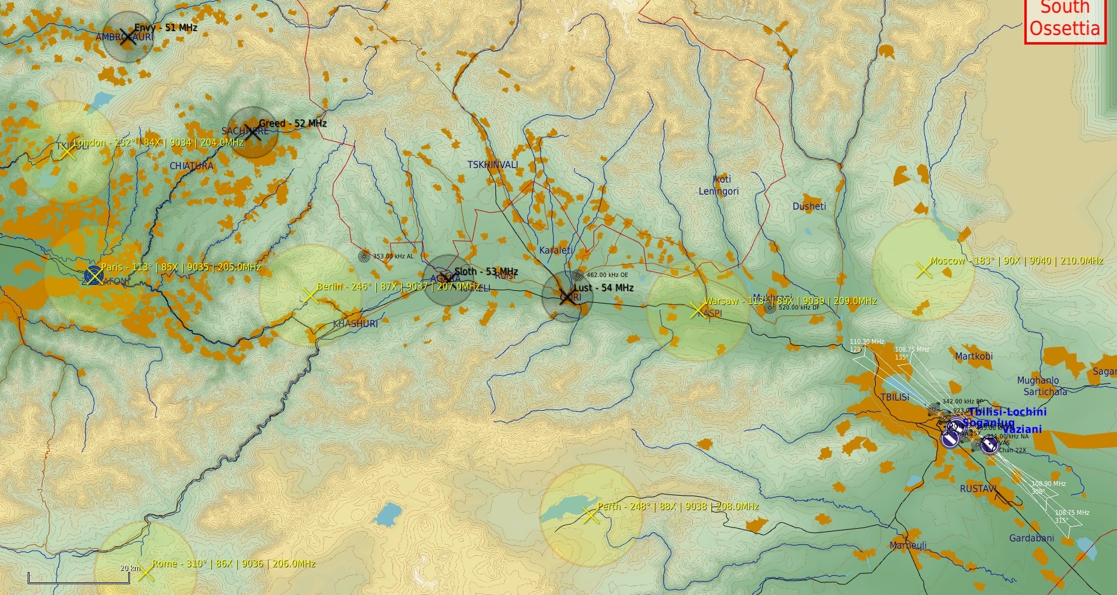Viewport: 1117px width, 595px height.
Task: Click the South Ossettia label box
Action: coord(1065,20)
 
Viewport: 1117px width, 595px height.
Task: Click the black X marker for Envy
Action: coord(126,37)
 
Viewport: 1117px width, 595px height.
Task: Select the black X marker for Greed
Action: coord(253,133)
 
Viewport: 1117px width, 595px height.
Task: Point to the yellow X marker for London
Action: coord(67,151)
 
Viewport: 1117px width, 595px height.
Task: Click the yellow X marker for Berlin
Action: coord(309,296)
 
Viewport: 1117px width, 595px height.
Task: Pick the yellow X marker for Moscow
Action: coord(923,270)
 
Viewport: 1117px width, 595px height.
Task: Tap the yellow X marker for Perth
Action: coord(591,516)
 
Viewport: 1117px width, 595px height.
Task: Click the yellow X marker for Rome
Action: coord(145,573)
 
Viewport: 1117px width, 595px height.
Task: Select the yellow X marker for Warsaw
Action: coord(698,310)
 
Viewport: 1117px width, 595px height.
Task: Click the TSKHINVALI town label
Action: coord(492,165)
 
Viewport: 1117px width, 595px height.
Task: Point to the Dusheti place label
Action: coord(809,207)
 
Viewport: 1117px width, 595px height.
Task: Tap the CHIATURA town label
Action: coord(191,166)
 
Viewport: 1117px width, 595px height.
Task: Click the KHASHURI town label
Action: coord(356,324)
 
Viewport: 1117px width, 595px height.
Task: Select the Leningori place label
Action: coord(719,192)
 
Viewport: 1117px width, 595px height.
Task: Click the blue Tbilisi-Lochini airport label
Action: coord(1007,412)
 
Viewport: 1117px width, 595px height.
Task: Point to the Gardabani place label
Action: coord(1031,538)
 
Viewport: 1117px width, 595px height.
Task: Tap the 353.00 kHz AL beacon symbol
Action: coord(364,256)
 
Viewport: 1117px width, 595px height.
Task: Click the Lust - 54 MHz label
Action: coord(603,288)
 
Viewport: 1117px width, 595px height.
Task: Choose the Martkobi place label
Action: coord(974,357)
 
